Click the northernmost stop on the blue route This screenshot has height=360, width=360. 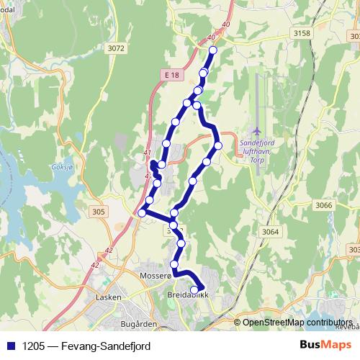pyautogui.click(x=212, y=50)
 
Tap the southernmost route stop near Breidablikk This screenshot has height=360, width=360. pyautogui.click(x=194, y=290)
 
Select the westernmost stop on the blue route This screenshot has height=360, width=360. pyautogui.click(x=143, y=212)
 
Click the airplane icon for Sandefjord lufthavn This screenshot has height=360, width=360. pyautogui.click(x=258, y=130)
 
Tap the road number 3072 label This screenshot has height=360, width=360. pyautogui.click(x=114, y=48)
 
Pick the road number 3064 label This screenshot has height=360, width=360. pyautogui.click(x=271, y=231)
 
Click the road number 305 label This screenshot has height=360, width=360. pyautogui.click(x=99, y=212)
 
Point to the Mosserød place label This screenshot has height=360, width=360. pyautogui.click(x=156, y=276)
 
